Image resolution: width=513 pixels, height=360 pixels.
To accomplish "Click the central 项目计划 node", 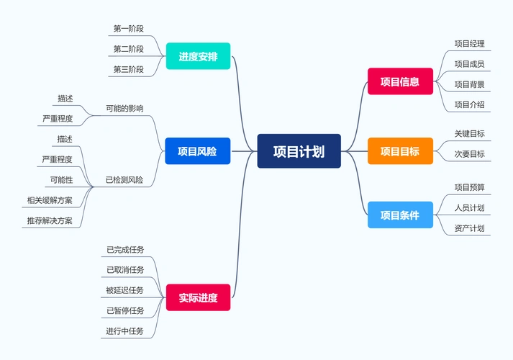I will (299, 151).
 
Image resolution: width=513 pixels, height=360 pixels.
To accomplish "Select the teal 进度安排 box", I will (198, 56).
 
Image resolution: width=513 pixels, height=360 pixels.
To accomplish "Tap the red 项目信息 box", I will (400, 81).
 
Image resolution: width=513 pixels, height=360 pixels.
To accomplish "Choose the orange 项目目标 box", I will (400, 151).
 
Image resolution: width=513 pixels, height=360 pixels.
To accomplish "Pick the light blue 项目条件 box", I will (400, 215).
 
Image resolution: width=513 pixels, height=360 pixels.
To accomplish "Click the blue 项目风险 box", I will (198, 151).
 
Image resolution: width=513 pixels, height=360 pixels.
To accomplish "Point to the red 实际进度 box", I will (198, 297).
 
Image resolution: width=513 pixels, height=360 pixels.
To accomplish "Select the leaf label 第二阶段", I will (128, 49).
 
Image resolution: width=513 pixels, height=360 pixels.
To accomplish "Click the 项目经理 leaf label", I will (469, 43).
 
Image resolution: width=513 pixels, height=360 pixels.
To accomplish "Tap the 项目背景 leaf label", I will (469, 84).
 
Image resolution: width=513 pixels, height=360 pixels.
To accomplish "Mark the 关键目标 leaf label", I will (469, 133).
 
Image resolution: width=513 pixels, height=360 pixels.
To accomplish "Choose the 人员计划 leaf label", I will (469, 208).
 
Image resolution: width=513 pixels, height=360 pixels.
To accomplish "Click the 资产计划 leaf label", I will (469, 229).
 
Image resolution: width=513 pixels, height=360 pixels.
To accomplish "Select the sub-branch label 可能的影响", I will (124, 108).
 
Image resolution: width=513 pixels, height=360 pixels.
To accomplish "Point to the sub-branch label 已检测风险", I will (124, 179).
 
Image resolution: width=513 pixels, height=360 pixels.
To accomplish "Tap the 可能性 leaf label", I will (61, 179).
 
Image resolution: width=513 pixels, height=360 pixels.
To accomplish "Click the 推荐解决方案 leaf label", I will (50, 220).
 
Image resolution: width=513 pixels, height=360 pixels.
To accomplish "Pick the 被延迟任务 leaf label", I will (125, 290).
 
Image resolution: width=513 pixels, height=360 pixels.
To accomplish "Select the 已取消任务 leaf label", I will (125, 270).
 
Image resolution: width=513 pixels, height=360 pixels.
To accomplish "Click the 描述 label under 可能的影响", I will (65, 98).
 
